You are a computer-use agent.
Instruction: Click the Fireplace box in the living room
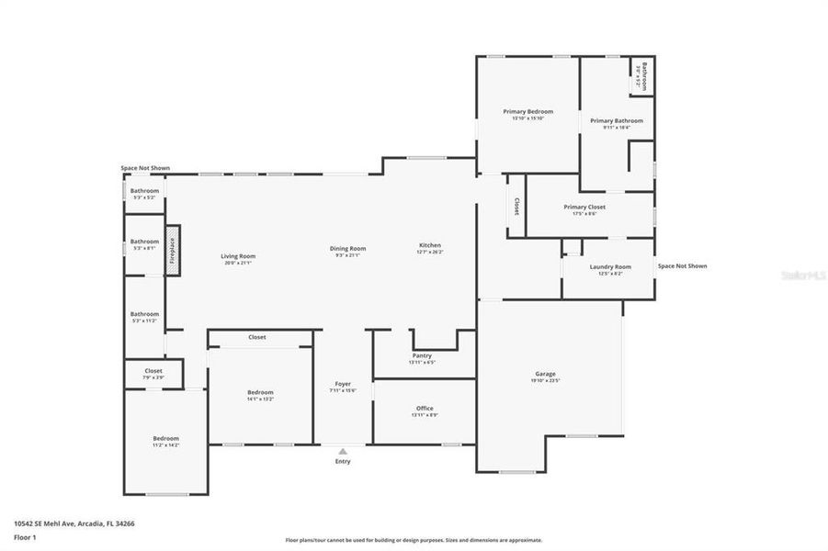pyautogui.click(x=171, y=249)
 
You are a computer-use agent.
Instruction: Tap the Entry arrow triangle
pyautogui.click(x=342, y=451)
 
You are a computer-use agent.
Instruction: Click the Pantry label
pyautogui.click(x=422, y=355)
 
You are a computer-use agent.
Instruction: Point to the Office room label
pyautogui.click(x=424, y=409)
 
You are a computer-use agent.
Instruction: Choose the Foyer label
pyautogui.click(x=342, y=384)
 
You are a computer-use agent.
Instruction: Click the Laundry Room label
pyautogui.click(x=610, y=267)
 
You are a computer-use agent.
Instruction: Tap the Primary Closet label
pyautogui.click(x=584, y=207)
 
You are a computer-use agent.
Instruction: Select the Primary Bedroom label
pyautogui.click(x=527, y=111)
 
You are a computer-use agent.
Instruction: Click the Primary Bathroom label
pyautogui.click(x=616, y=120)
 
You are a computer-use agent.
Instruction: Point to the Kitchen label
pyautogui.click(x=430, y=245)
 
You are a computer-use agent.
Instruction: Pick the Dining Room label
pyautogui.click(x=348, y=248)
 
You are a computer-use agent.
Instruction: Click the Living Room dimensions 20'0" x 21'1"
pyautogui.click(x=238, y=264)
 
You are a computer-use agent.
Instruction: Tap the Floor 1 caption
pyautogui.click(x=24, y=538)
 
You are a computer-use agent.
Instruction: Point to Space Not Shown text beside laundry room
pyautogui.click(x=682, y=266)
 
